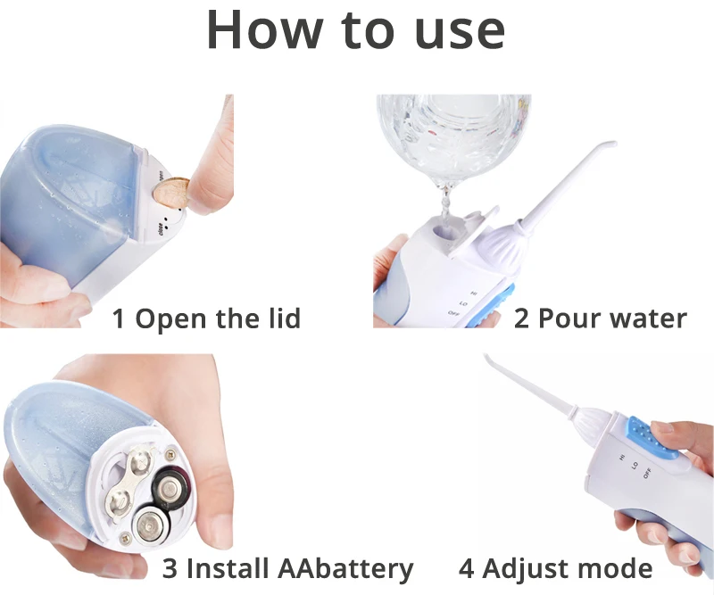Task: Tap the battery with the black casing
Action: (x=169, y=486)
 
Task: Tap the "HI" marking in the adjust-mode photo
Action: (x=622, y=457)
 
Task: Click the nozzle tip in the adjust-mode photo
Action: (x=487, y=359)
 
